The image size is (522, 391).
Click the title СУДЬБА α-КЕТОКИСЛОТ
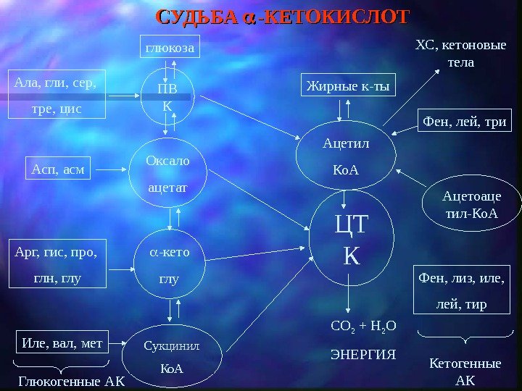pyautogui.click(x=283, y=17)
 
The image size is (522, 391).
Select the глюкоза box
pyautogui.click(x=169, y=49)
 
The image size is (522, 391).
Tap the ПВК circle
pyautogui.click(x=167, y=96)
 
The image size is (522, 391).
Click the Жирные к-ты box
pyautogui.click(x=347, y=87)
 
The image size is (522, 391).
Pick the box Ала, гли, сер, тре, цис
pyautogui.click(x=57, y=95)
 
